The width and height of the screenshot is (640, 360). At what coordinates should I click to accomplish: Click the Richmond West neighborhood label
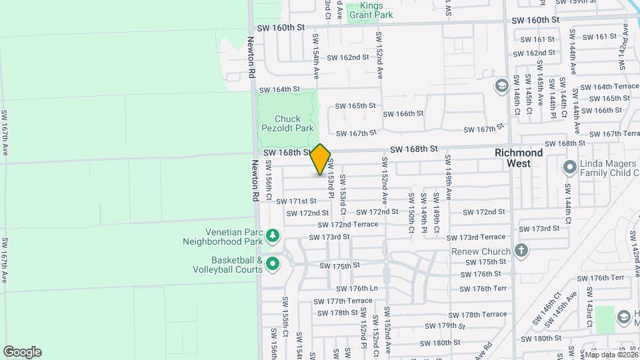point(519,157)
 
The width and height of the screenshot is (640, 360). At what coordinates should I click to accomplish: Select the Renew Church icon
point(521,251)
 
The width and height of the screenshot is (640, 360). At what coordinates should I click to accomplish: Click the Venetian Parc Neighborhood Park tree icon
point(272,235)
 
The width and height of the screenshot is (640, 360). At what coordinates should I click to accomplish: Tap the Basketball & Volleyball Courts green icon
point(272,265)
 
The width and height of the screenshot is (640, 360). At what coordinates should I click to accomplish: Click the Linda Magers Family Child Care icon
point(569,166)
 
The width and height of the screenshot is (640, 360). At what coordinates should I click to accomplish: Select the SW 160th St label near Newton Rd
point(281,28)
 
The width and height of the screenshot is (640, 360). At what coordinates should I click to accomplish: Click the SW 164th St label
point(280,89)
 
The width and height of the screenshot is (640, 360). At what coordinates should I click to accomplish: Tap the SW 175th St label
point(339,265)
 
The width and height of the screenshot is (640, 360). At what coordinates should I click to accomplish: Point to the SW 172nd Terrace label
point(347,225)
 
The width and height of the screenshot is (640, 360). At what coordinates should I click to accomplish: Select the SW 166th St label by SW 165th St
point(403,113)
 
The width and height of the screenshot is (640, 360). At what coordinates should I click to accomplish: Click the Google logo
point(22,352)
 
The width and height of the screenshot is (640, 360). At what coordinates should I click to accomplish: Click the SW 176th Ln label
point(357,289)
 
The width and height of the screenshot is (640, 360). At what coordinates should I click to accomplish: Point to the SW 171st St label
point(296,201)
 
